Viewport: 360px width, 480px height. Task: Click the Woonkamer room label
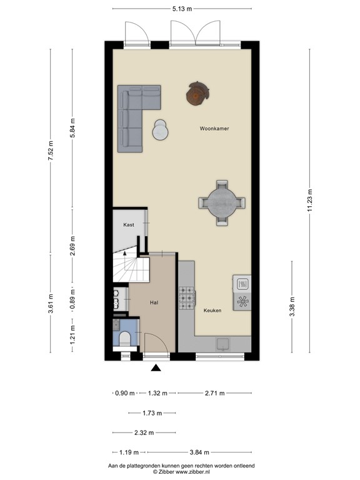(x=214, y=128)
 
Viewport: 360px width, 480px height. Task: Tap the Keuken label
(x=212, y=310)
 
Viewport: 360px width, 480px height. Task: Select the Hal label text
(x=154, y=302)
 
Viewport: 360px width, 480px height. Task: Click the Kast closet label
(x=128, y=224)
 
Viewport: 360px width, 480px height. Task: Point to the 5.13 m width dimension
(x=181, y=9)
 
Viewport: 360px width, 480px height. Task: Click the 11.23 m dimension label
(x=310, y=201)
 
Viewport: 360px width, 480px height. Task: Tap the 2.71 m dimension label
(x=214, y=393)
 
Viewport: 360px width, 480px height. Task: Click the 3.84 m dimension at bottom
(x=199, y=452)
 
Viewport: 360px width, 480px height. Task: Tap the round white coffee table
(x=161, y=131)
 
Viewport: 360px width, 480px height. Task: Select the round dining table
(x=222, y=202)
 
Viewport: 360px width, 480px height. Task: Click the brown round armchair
(x=198, y=94)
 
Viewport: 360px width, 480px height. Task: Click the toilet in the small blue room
(x=124, y=339)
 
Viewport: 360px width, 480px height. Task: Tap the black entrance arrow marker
(x=155, y=368)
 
